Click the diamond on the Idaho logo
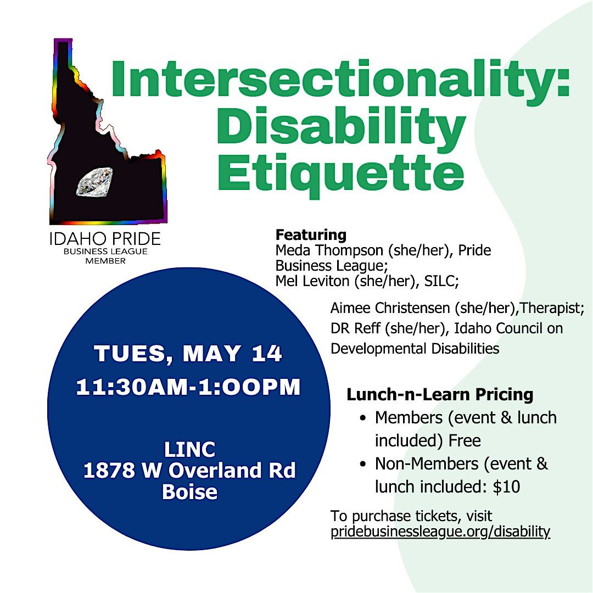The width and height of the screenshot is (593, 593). pyautogui.click(x=94, y=182)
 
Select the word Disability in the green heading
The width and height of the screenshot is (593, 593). pyautogui.click(x=340, y=125)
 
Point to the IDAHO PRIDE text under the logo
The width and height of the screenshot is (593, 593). pyautogui.click(x=105, y=239)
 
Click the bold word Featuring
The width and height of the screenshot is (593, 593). pyautogui.click(x=311, y=235)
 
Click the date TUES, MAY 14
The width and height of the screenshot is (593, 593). pyautogui.click(x=188, y=354)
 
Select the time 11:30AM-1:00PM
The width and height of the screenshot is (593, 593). pyautogui.click(x=188, y=388)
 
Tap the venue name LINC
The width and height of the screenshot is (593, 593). pyautogui.click(x=189, y=451)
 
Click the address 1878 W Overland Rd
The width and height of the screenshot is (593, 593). pyautogui.click(x=189, y=471)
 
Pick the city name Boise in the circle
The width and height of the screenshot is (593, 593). pyautogui.click(x=189, y=491)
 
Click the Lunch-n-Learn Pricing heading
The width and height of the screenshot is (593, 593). pyautogui.click(x=440, y=394)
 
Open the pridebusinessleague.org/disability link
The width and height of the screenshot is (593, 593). pyautogui.click(x=440, y=532)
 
